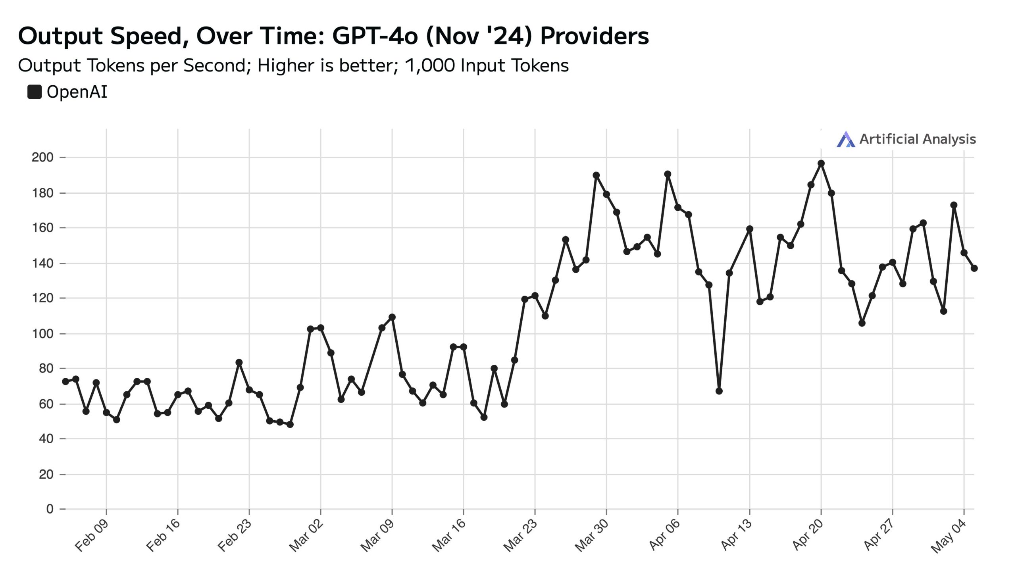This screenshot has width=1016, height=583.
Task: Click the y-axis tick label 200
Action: click(42, 158)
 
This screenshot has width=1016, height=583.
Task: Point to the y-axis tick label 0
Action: click(50, 509)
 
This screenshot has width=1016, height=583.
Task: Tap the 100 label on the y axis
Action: click(42, 333)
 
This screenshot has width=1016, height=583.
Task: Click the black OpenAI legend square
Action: click(35, 92)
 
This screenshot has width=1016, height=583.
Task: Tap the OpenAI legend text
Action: click(77, 92)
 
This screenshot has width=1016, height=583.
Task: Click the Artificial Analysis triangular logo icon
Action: click(845, 139)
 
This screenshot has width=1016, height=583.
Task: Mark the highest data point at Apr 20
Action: click(821, 164)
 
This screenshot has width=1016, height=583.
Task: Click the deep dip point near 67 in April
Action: click(719, 391)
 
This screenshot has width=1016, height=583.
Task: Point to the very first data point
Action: click(65, 382)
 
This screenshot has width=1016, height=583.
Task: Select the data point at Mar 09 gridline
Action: click(392, 317)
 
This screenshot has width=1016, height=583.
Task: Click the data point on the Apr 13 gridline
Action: click(750, 229)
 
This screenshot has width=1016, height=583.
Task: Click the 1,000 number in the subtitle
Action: click(430, 65)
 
